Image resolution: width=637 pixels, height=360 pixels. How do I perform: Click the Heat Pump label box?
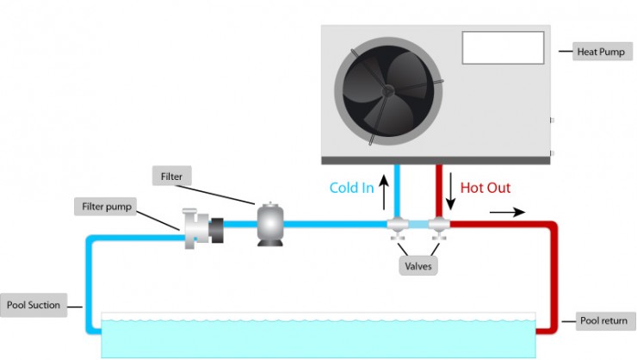click(x=602, y=51)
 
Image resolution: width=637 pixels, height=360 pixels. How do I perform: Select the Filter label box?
click(x=171, y=177)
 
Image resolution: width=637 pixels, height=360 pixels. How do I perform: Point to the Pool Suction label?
click(x=34, y=305)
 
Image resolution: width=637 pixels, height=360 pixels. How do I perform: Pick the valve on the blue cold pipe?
click(x=398, y=227)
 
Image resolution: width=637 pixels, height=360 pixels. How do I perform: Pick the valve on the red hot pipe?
click(x=440, y=227)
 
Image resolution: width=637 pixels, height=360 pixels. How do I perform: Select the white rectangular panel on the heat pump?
click(x=503, y=48)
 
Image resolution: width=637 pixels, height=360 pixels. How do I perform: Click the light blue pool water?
click(x=318, y=338)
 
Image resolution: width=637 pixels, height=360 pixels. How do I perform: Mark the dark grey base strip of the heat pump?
click(x=435, y=160)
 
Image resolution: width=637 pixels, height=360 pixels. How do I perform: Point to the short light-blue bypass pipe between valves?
click(x=419, y=226)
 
